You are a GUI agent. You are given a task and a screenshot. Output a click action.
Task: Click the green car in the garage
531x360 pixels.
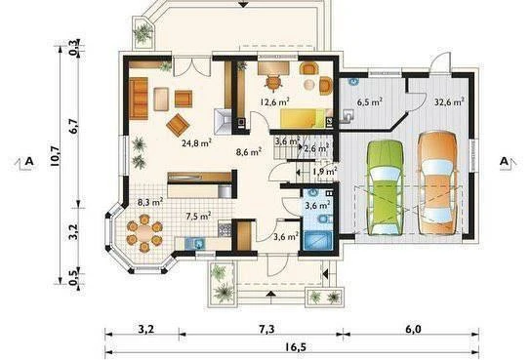(x=385, y=187)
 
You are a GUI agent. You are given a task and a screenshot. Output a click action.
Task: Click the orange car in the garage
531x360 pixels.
(x=437, y=182)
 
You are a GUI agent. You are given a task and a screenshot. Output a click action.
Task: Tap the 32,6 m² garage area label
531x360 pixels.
(x=449, y=101)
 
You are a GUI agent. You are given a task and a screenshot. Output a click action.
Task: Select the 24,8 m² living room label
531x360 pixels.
(x=196, y=143)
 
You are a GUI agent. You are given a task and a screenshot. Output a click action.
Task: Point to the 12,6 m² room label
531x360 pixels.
(x=274, y=101)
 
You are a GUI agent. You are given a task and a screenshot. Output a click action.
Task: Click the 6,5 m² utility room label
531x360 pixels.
(x=370, y=101)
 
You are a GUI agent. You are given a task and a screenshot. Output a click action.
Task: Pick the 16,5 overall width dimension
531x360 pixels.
(x=293, y=346)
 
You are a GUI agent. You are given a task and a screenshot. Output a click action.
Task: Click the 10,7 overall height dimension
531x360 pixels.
(x=56, y=156)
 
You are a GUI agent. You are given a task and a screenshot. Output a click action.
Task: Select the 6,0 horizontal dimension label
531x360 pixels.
(x=413, y=329)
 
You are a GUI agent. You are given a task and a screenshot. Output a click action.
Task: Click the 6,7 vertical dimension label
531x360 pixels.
(x=73, y=127)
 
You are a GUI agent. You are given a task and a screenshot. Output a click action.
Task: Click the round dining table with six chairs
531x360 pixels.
(x=144, y=233)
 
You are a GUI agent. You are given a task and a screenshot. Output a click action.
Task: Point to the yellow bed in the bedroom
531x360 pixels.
(x=304, y=118)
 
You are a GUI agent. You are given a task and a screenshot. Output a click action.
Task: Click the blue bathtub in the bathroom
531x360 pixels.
(x=318, y=241)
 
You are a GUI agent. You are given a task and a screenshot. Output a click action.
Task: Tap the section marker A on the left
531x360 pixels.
(x=29, y=161)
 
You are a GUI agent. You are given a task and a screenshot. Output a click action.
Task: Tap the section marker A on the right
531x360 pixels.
(x=505, y=161)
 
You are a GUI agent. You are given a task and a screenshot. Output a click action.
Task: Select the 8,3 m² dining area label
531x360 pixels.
(x=150, y=203)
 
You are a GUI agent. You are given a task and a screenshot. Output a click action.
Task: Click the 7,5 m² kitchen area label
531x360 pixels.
(x=199, y=217)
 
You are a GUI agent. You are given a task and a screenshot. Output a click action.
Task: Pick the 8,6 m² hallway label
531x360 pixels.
(x=248, y=152)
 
